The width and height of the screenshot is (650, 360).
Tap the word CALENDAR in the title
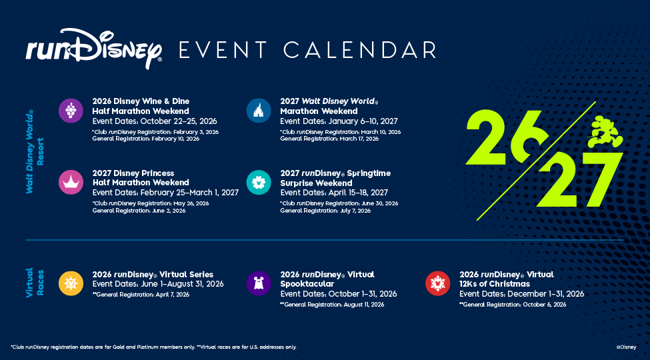(359, 50)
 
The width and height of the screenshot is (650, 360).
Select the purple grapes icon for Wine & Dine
(71, 111)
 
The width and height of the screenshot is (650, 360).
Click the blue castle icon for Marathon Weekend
(258, 111)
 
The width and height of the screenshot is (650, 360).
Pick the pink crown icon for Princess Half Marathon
(71, 181)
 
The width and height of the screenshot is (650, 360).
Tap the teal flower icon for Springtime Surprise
(258, 181)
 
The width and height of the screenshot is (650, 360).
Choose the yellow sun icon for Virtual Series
(71, 283)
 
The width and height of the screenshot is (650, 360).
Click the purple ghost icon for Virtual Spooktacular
(258, 283)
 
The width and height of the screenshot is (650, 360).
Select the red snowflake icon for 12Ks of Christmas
(437, 283)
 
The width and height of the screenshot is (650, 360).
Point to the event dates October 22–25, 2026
(155, 121)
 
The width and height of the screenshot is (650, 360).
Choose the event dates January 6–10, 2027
(339, 121)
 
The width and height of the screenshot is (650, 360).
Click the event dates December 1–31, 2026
(521, 294)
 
